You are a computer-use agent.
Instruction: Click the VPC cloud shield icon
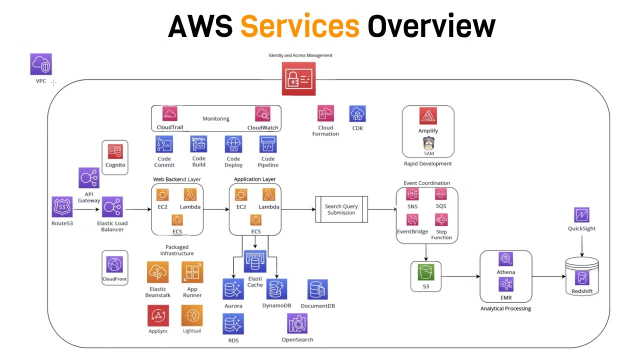coord(41,64)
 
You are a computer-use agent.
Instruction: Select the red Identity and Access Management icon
coord(298,78)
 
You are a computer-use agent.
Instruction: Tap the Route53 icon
coord(62,207)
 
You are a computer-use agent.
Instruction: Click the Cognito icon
coord(115,151)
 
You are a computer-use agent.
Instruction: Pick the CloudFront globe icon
coord(114,263)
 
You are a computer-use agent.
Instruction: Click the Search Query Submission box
coord(341,209)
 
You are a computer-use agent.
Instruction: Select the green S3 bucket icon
coord(426,272)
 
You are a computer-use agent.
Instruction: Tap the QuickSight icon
coord(581,215)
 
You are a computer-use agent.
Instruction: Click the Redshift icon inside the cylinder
coord(581,278)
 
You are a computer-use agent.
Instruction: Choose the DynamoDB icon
coord(277,289)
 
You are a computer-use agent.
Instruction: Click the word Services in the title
coord(300,26)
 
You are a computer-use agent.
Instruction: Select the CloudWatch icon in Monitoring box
coord(263,114)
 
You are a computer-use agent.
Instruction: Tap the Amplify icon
coord(428,117)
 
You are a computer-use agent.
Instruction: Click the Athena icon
coord(505,259)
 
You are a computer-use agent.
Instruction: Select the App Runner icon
coord(192,273)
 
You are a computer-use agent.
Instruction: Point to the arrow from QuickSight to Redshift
coord(581,245)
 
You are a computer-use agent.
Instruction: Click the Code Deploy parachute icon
coord(233,144)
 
